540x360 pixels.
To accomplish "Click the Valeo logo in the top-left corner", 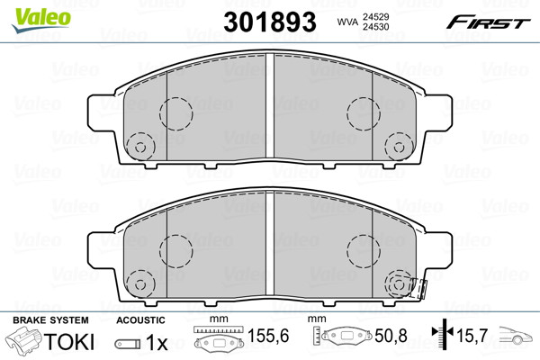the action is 41,20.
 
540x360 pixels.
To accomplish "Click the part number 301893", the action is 270,22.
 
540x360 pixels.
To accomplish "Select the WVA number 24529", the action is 375,16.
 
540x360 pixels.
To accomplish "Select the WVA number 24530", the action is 375,27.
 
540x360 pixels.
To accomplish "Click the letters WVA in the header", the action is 347,22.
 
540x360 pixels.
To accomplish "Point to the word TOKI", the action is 69,342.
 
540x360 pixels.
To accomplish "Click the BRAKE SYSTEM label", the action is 50,320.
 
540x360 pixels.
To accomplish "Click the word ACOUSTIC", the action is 140,320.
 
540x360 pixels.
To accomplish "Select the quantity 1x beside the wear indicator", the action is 157,342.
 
